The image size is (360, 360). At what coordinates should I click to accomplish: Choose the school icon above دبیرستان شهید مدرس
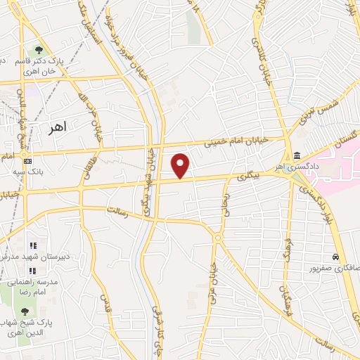(32, 245)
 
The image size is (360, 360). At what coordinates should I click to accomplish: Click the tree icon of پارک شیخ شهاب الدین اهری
(26, 310)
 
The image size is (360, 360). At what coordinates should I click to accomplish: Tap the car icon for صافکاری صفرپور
(337, 257)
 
